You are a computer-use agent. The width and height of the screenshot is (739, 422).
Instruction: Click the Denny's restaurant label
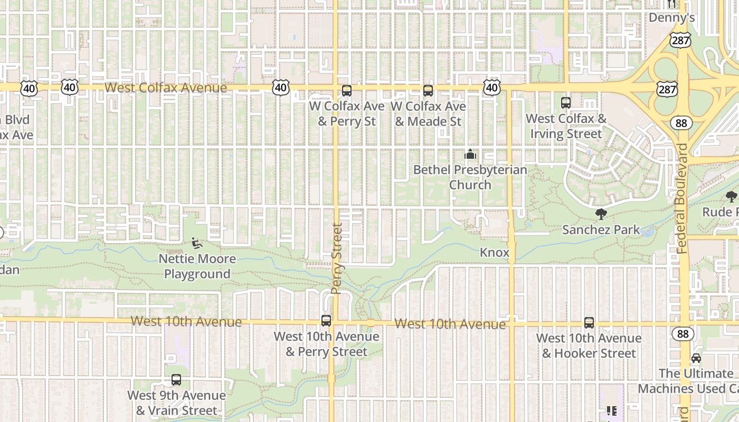(671, 17)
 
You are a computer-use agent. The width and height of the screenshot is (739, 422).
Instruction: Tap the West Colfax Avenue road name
(166, 88)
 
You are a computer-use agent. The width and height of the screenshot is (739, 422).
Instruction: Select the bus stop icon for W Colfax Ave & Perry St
(347, 91)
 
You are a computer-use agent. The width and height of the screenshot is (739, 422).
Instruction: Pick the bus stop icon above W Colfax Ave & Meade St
(428, 91)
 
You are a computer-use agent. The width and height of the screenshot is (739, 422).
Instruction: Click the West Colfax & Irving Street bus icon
(566, 103)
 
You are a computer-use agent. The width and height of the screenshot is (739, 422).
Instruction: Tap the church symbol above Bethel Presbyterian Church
(470, 155)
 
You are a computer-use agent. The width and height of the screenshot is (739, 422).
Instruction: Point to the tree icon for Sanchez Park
(601, 214)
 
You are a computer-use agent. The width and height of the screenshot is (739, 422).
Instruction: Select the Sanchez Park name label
(601, 230)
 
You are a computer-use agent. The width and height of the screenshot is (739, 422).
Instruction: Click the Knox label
(495, 253)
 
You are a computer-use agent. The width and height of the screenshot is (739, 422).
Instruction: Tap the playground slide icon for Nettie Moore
(197, 243)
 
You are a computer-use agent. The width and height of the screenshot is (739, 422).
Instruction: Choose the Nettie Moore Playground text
(197, 266)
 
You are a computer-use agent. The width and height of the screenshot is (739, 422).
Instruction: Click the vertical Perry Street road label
(337, 258)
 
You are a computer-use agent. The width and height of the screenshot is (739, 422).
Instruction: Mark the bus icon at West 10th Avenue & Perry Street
(326, 321)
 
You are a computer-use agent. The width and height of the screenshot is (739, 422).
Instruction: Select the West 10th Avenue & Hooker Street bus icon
(589, 323)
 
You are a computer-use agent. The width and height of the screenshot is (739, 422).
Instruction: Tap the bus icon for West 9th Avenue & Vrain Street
(176, 380)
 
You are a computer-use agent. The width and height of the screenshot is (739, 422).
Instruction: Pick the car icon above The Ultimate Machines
(696, 358)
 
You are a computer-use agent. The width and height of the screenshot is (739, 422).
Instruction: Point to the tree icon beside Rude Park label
(732, 197)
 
